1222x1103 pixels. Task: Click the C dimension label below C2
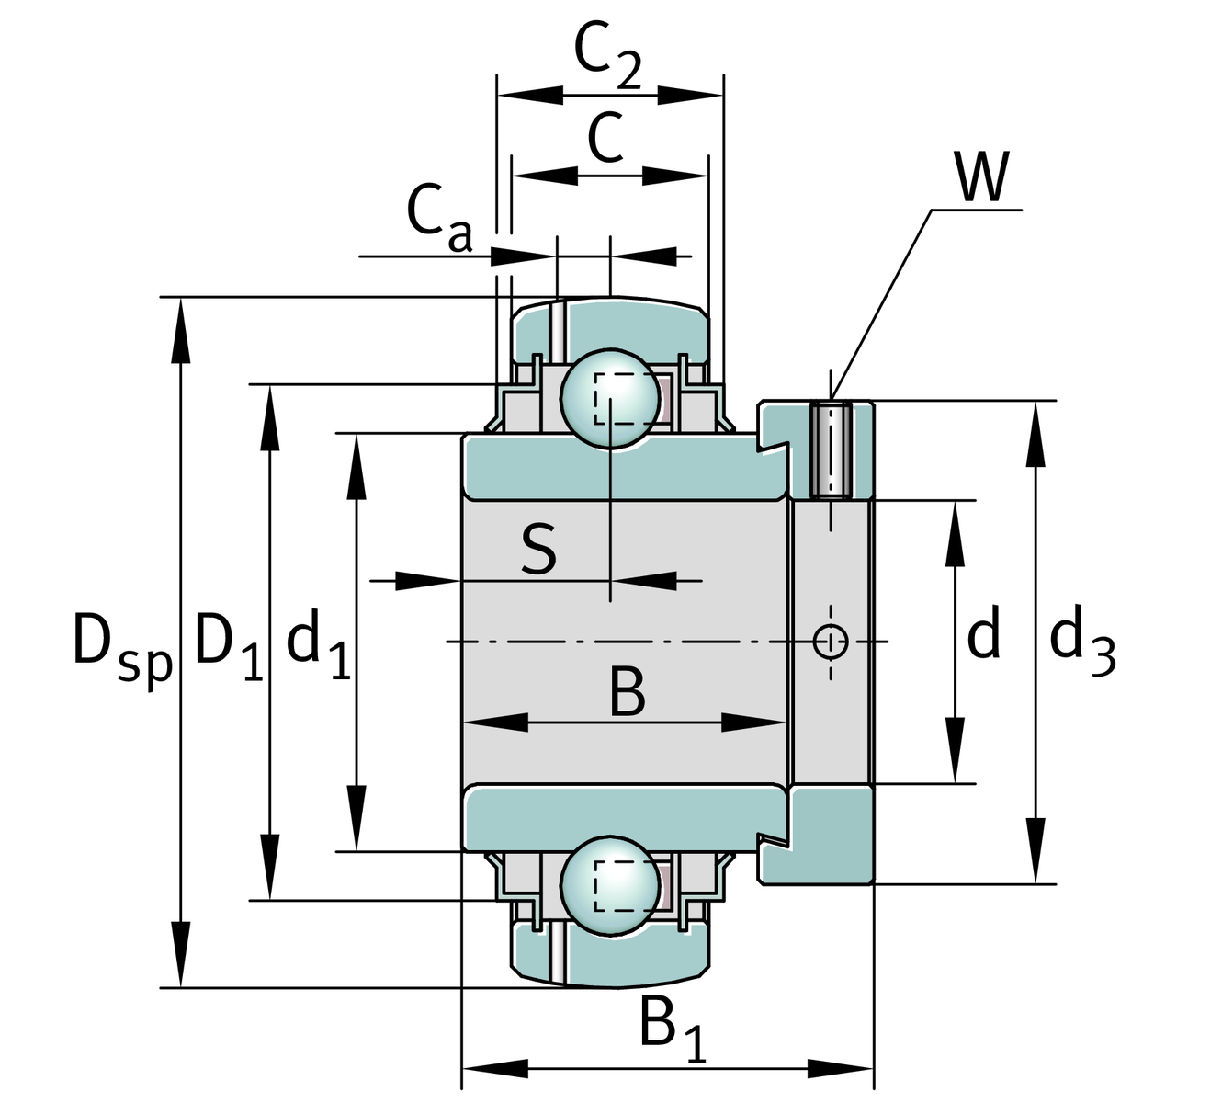605,138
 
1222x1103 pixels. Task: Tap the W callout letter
982,176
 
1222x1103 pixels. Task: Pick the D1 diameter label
229,642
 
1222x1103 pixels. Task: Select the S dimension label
538,549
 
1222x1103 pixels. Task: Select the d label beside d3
983,636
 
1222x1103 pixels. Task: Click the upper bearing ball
610,397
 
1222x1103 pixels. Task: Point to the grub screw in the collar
832,449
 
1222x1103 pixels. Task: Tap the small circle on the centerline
831,642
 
